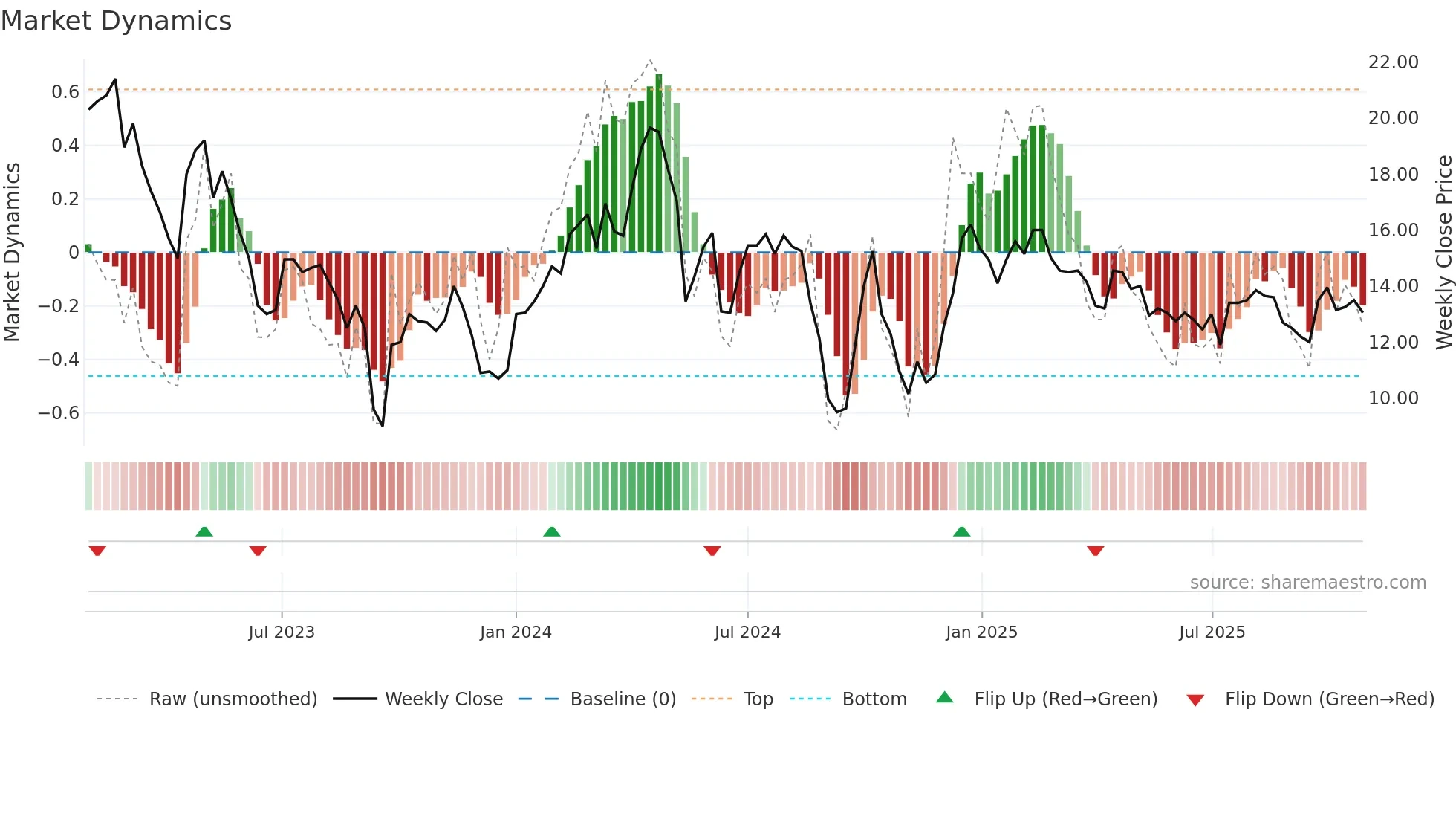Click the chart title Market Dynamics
point(117,21)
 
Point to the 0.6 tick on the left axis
point(65,91)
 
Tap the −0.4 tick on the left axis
point(59,359)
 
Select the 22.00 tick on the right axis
point(1393,62)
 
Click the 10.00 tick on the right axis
point(1393,398)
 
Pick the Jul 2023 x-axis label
point(282,632)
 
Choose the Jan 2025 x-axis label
point(981,632)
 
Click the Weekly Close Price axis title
point(1443,253)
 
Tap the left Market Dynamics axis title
point(12,253)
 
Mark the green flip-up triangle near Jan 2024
point(551,531)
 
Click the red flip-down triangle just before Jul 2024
point(712,551)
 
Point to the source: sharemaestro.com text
point(1307,582)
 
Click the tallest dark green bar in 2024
point(658,164)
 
